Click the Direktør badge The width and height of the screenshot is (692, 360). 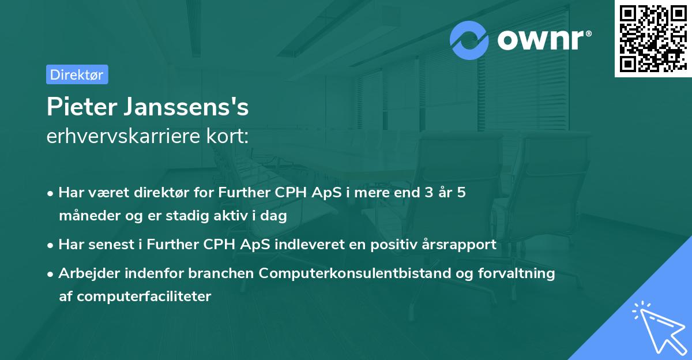tap(77, 74)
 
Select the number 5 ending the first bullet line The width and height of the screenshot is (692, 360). tap(461, 193)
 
